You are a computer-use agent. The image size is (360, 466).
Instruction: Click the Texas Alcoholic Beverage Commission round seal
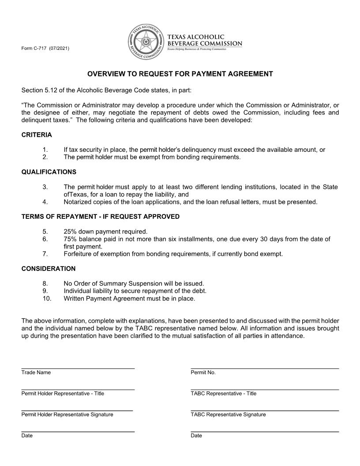(145, 43)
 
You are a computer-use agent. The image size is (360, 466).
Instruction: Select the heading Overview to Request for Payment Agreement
(180, 74)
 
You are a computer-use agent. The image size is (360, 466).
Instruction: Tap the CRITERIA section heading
(37, 135)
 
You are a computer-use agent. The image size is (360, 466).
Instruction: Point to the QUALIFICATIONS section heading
(49, 172)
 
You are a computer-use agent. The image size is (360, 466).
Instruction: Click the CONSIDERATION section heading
(48, 268)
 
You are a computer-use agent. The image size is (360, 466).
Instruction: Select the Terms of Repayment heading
(100, 216)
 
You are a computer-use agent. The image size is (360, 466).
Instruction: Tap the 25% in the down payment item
(70, 231)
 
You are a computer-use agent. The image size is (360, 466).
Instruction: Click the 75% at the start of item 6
(70, 239)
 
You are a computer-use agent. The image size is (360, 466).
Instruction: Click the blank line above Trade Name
(78, 368)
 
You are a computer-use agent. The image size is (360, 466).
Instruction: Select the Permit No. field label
(203, 372)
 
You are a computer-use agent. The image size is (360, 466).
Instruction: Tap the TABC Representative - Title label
(223, 393)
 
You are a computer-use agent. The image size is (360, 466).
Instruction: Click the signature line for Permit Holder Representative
(77, 410)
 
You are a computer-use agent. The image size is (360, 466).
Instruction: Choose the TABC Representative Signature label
(228, 414)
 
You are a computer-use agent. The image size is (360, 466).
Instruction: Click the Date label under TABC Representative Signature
(196, 436)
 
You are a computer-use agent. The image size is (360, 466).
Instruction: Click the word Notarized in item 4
(78, 202)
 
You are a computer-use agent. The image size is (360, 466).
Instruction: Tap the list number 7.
(45, 254)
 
